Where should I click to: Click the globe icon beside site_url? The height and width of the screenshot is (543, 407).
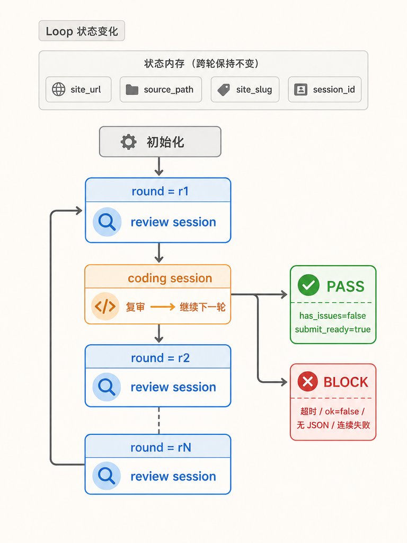58,89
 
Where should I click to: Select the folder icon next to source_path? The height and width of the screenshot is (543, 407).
132,90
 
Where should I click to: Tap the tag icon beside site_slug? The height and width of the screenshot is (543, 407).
224,90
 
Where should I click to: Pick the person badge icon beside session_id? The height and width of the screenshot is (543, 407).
301,90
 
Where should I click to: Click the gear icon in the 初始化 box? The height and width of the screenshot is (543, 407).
128,142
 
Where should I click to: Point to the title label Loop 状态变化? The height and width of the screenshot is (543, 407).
82,31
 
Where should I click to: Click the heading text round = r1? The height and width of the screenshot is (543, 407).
160,191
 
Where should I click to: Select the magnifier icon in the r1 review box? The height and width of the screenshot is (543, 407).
107,222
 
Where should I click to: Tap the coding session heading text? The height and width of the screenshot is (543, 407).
170,278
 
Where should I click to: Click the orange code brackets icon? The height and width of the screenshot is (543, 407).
105,306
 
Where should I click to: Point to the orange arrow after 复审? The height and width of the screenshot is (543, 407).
163,307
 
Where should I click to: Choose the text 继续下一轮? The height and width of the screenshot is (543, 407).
202,307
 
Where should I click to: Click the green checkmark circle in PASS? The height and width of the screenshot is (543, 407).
308,285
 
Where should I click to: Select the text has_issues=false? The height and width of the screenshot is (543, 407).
333,316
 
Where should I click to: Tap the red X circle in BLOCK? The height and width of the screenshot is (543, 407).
308,382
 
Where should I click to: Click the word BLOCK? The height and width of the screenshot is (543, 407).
346,382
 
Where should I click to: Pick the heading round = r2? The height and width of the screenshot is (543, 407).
160,358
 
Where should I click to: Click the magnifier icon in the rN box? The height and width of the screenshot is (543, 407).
107,476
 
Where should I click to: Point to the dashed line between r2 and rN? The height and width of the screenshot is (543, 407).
159,421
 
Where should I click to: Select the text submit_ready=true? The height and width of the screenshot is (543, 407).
333,329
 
